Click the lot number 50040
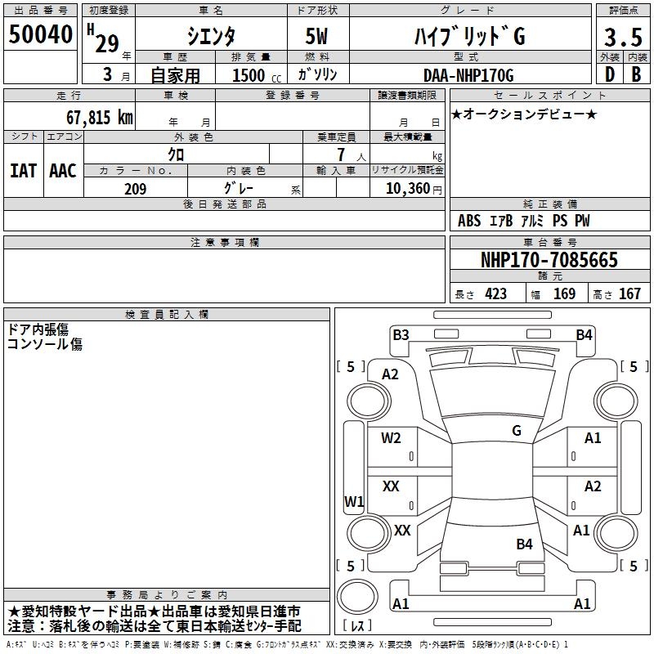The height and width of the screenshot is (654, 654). pos(40,34)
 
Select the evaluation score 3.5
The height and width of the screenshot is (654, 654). pos(623,38)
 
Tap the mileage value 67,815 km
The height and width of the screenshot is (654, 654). pos(100,117)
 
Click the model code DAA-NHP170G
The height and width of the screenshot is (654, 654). pos(468,75)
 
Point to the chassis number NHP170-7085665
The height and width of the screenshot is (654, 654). pos(549,259)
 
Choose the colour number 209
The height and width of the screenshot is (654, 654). pos(135,189)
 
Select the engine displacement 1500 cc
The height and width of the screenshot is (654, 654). pos(257,75)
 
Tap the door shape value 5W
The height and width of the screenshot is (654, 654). pos(316,36)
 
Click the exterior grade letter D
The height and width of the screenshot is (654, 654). pos(610,74)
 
